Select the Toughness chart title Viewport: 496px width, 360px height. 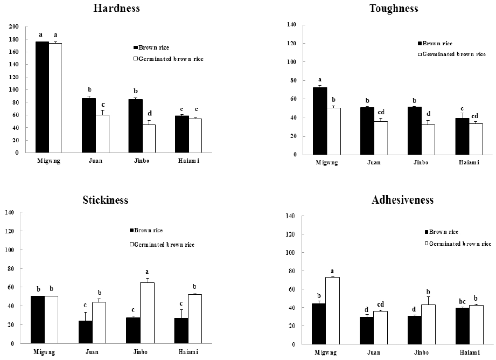(x=394, y=8)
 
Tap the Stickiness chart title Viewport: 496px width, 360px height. (x=106, y=200)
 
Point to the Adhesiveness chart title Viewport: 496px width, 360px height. (x=402, y=200)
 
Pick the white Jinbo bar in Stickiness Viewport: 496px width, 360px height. (x=147, y=313)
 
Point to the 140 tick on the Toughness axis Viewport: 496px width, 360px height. (x=293, y=25)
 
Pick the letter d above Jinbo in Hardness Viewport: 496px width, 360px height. (x=150, y=114)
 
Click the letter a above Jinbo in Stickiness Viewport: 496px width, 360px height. (x=147, y=272)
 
